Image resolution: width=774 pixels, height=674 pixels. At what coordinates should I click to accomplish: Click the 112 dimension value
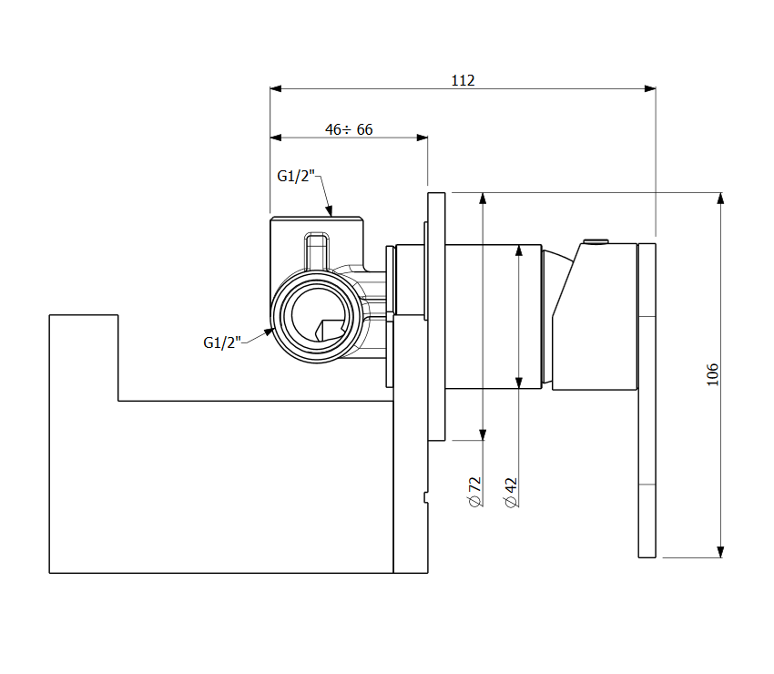coord(463,80)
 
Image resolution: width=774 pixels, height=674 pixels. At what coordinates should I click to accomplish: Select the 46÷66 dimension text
coord(349,129)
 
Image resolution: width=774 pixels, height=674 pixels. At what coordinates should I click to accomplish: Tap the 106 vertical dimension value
coord(712,374)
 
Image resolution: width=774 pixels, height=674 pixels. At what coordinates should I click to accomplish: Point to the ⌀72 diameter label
coord(474,491)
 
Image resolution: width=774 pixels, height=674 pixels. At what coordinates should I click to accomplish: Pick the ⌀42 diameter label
coord(511,492)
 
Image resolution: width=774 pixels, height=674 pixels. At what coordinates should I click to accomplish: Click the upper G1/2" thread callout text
coord(296,176)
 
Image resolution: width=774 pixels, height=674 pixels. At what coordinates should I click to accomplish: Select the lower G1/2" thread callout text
coord(222,342)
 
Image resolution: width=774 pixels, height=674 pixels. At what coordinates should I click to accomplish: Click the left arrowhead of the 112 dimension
coord(275,88)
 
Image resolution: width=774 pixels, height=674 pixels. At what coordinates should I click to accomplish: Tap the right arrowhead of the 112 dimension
coord(650,88)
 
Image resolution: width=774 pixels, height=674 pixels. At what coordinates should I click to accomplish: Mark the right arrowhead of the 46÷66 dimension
coord(422,138)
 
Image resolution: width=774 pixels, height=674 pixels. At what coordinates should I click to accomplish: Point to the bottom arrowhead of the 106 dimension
coord(720,552)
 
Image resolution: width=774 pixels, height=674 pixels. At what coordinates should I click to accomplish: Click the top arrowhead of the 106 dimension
coord(720,199)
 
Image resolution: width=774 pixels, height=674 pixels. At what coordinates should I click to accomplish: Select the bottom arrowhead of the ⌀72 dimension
coord(483,434)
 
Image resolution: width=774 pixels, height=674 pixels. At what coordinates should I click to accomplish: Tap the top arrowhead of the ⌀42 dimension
coord(519,250)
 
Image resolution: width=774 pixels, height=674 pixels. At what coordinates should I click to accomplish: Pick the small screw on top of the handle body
coord(596,241)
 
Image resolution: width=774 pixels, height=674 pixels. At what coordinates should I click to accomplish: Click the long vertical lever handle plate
coord(647,401)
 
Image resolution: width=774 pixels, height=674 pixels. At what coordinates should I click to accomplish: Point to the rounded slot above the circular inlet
coord(316,250)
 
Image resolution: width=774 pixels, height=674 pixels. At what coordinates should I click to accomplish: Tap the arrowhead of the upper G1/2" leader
coord(329,212)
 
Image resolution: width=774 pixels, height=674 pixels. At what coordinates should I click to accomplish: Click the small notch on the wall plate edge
coord(425,497)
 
